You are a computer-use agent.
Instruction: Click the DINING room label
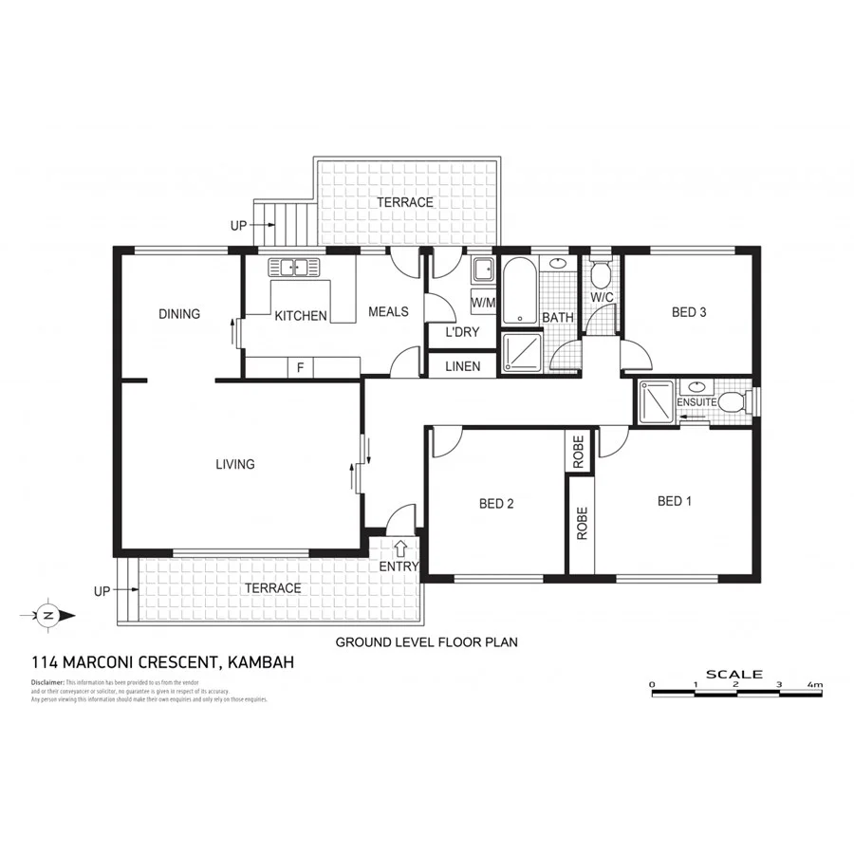coord(179,314)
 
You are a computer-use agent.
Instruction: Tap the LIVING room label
coord(234,464)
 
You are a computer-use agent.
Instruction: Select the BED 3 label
coord(689,311)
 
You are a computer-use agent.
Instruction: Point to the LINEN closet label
coord(462,366)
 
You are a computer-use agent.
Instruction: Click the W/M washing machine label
coord(483,303)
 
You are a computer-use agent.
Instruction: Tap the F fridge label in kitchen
coord(300,366)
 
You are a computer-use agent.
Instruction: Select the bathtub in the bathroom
coord(518,289)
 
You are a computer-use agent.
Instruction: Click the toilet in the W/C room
coord(600,275)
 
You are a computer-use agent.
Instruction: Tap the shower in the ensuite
coord(657,401)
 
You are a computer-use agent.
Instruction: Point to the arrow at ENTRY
coord(400,548)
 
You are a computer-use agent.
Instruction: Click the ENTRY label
coord(399,566)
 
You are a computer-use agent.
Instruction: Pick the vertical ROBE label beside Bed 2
coord(582,524)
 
